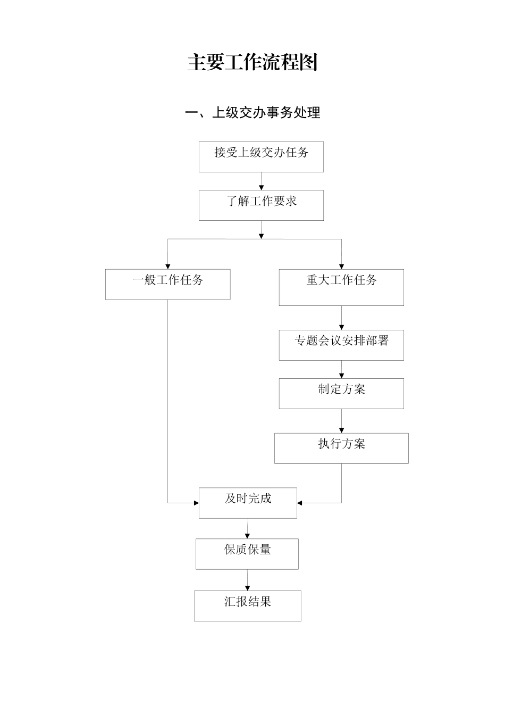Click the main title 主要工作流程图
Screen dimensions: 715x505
pos(252,63)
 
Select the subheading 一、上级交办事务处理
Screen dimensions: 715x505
pos(252,113)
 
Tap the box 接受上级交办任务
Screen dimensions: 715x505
pos(261,157)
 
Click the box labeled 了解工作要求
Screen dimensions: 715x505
pos(261,205)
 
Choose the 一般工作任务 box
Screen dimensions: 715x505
pos(167,284)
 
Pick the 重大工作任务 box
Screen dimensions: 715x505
pos(341,287)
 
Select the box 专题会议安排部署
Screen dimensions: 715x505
pos(341,345)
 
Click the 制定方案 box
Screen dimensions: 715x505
pos(341,394)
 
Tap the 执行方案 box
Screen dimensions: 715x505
pos(341,448)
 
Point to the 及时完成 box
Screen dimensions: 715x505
pos(248,503)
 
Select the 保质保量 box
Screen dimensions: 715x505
pos(247,554)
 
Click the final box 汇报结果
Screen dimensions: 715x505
pos(247,606)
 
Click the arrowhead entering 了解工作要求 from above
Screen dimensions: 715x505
pos(261,187)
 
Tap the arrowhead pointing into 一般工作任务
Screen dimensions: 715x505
pos(168,266)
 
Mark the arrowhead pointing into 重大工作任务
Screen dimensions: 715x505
pos(341,266)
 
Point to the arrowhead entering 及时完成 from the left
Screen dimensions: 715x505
pos(196,503)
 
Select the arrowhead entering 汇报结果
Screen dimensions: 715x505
pos(247,588)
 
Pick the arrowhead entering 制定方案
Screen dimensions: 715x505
pos(341,376)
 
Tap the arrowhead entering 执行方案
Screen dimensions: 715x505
pos(341,430)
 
